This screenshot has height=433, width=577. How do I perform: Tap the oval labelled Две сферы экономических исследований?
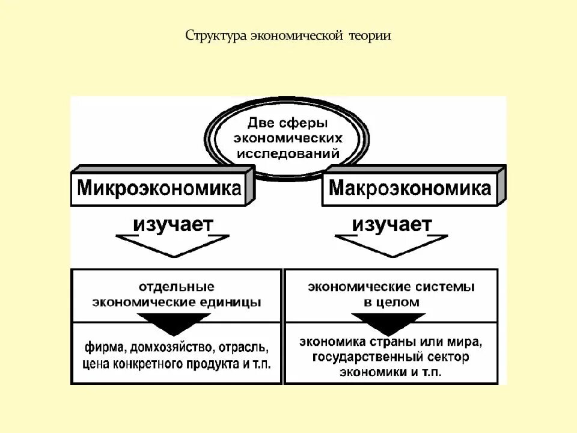click(x=288, y=139)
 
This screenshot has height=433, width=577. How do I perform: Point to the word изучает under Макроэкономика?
click(x=392, y=224)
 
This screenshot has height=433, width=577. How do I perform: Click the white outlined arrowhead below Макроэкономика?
click(x=392, y=245)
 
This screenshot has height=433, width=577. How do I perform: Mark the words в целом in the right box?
click(x=391, y=302)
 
